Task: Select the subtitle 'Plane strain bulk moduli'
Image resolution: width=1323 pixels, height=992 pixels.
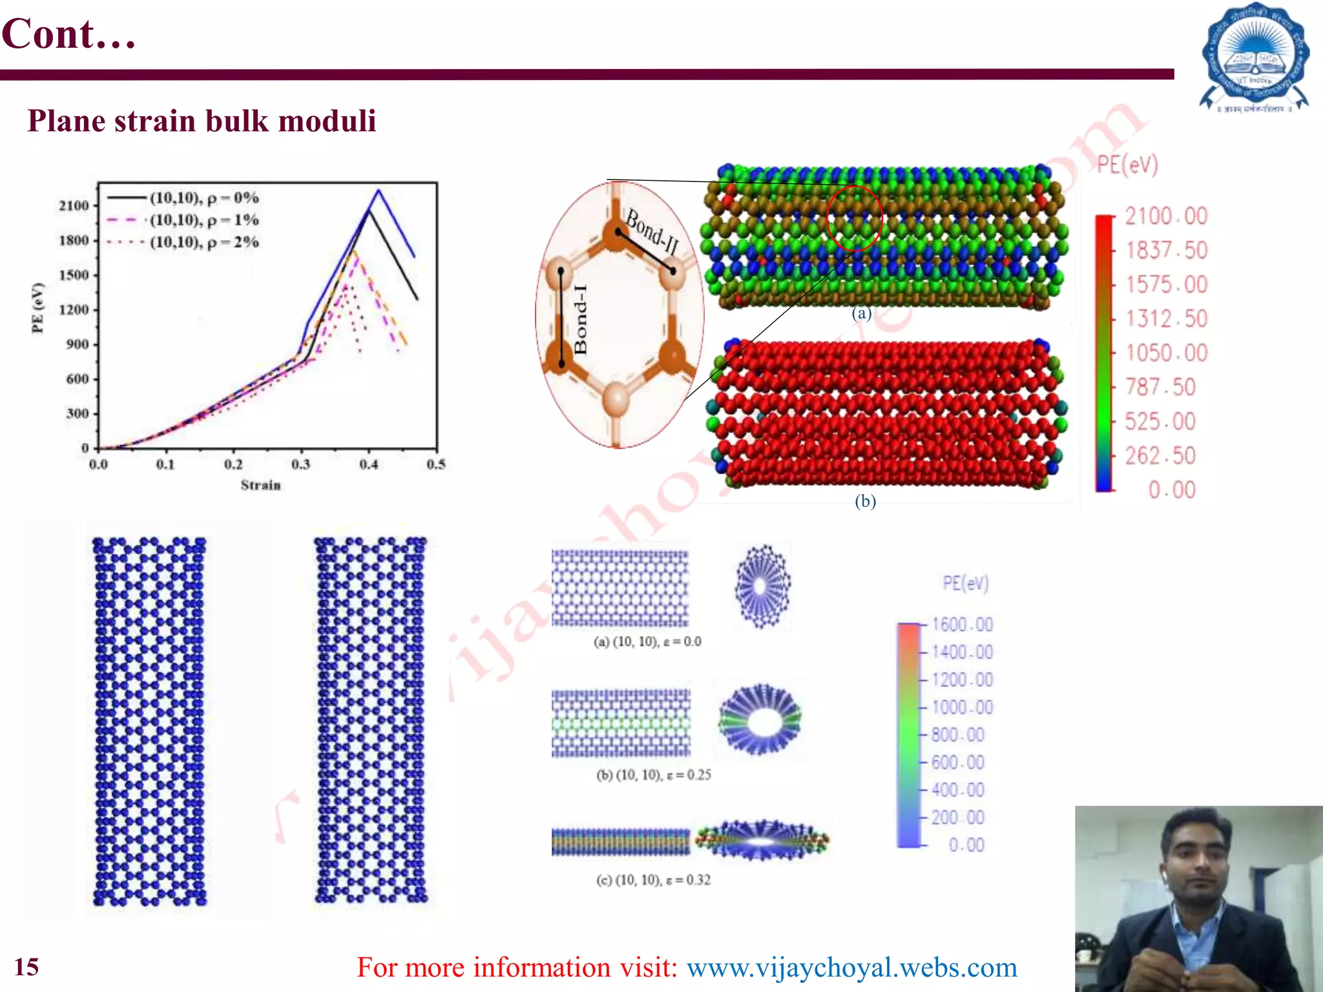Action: pos(202,121)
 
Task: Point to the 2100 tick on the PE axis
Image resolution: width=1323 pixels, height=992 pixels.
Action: pos(74,205)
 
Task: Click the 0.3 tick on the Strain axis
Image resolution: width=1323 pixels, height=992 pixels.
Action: pos(300,464)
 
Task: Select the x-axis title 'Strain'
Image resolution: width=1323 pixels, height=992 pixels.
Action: pos(260,485)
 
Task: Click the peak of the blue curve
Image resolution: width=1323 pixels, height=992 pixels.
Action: pos(379,191)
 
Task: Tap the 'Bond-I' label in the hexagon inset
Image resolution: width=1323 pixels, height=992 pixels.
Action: pos(581,319)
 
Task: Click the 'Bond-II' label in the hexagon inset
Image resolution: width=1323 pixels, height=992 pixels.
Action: pos(652,232)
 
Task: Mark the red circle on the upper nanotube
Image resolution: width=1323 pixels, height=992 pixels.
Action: pos(854,218)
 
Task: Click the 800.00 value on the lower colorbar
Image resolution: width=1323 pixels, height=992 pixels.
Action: pos(957,734)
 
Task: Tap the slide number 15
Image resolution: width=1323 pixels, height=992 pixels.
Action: pos(27,967)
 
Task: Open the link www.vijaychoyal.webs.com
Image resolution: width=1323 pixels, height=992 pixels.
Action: pos(851,967)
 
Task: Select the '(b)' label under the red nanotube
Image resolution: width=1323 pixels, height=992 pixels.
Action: pos(865,501)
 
